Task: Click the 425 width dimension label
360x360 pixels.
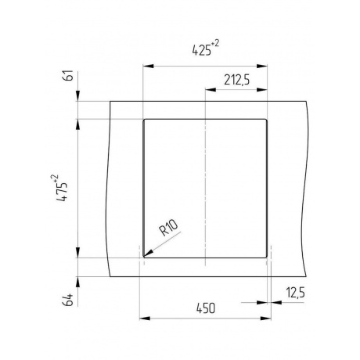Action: pos(202,50)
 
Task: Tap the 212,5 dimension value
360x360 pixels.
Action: pos(236,80)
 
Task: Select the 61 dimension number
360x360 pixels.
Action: pos(68,76)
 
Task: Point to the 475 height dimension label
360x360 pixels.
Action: pos(62,192)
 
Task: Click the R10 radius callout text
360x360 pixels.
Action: pos(169,228)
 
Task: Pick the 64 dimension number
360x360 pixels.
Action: pos(68,300)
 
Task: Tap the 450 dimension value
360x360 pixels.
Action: pos(206,308)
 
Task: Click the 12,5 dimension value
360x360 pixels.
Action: pos(295,293)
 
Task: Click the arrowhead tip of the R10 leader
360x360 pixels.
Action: pos(144,257)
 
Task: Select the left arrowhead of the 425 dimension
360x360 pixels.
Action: pos(148,67)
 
